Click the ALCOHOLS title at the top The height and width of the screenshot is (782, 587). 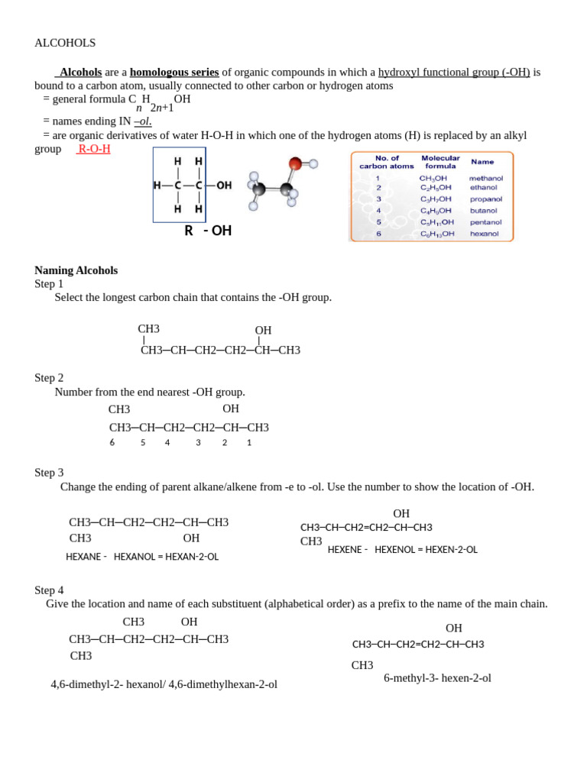[65, 43]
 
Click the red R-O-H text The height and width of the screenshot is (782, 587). [94, 149]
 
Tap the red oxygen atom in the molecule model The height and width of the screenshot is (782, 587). [295, 163]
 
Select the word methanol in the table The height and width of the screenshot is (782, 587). [485, 178]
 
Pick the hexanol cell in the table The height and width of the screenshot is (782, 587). [484, 234]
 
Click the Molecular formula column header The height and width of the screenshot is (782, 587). [440, 162]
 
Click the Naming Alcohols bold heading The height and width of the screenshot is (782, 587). [76, 270]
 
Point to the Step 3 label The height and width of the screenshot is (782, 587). [49, 473]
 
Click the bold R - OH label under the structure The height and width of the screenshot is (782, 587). [208, 231]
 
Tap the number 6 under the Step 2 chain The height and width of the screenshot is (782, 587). [112, 442]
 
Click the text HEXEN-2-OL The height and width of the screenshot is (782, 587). [451, 550]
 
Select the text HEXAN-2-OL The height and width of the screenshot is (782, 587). [193, 557]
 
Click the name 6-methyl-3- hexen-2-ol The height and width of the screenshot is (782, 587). [437, 678]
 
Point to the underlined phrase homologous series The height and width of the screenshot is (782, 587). [174, 72]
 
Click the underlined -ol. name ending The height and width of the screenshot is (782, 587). [143, 121]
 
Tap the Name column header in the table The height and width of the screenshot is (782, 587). [482, 162]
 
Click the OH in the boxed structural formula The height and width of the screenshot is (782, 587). [224, 186]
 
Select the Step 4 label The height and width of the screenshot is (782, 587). [49, 590]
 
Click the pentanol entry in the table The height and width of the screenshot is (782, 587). [485, 222]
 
